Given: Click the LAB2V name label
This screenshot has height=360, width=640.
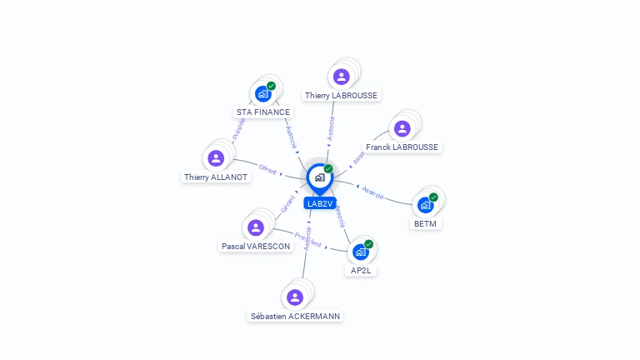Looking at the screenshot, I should [x=320, y=203].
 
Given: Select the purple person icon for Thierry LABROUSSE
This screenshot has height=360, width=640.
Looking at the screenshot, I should [x=341, y=77].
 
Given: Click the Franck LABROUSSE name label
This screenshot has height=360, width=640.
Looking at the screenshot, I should [x=402, y=147].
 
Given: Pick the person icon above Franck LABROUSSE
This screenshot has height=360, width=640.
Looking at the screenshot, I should [x=402, y=128].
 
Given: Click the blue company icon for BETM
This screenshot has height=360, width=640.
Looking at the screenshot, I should [x=426, y=205].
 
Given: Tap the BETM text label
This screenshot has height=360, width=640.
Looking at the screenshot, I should [x=425, y=223].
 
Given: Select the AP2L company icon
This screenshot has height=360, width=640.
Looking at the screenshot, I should [x=361, y=252].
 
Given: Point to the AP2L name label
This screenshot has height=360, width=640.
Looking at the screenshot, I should [x=361, y=270].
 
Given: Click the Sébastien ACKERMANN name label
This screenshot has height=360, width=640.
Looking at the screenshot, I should [x=296, y=317].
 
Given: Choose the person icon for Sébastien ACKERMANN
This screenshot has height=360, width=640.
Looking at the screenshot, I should [x=295, y=297].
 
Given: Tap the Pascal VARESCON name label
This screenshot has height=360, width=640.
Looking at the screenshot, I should [x=256, y=247].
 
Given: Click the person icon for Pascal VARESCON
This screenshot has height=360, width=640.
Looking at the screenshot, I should [x=256, y=227].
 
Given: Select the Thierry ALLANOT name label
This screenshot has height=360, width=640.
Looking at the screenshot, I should [x=217, y=177].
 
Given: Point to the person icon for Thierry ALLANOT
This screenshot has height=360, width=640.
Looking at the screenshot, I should [x=216, y=158].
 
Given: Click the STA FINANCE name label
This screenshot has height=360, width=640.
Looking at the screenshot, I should [x=263, y=112].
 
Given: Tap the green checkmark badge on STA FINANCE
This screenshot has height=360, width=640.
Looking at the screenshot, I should [x=271, y=86].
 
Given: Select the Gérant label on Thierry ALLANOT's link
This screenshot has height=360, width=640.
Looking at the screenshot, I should [x=267, y=170].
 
